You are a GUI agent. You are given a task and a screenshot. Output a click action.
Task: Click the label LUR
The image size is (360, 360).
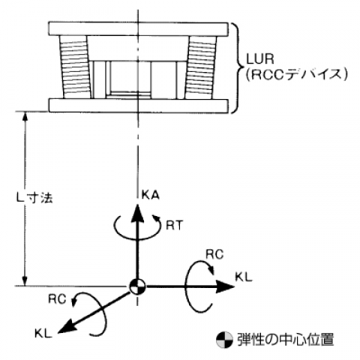(260, 58)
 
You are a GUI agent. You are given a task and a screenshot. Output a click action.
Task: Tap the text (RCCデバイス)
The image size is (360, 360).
(296, 74)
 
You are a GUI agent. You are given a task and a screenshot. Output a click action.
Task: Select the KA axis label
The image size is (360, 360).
(150, 195)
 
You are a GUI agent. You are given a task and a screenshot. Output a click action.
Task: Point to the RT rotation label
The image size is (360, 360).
(175, 225)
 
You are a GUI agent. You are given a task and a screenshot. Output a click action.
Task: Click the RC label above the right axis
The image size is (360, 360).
(214, 254)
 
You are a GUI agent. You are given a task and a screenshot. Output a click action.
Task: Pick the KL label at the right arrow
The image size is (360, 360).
(244, 277)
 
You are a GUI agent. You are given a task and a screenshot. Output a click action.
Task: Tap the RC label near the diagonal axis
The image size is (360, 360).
(57, 299)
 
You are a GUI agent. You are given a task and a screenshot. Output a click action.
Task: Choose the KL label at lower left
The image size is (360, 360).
(43, 334)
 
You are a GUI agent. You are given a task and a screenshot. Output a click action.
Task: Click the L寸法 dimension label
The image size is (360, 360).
(34, 198)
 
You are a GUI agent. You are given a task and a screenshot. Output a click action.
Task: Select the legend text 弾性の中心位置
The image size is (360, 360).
(286, 339)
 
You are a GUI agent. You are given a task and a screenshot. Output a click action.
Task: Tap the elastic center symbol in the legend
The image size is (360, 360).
(224, 340)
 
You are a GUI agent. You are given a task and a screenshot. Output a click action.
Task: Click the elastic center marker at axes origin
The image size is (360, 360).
(137, 286)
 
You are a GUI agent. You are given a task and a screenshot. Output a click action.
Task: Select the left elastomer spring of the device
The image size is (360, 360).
(74, 67)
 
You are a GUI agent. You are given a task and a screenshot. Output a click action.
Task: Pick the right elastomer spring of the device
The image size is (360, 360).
(200, 67)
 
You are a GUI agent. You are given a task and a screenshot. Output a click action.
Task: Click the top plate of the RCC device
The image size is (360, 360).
(138, 29)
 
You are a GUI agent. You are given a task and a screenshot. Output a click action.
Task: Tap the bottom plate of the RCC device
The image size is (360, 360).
(138, 106)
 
